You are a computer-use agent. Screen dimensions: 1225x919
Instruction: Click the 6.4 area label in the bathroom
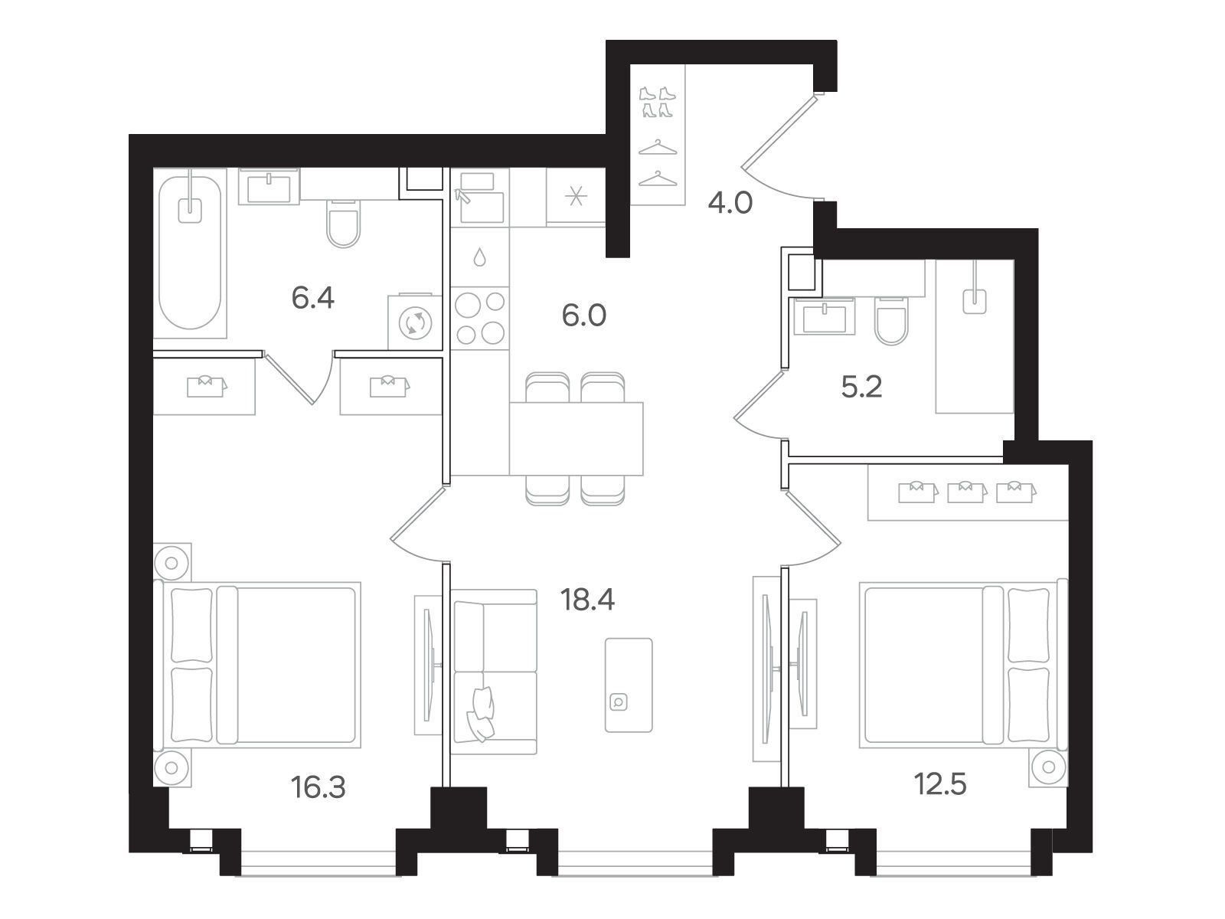[x=312, y=298]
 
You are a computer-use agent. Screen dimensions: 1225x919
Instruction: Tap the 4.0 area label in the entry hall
[x=730, y=203]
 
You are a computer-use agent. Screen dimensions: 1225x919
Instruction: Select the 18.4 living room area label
[x=588, y=600]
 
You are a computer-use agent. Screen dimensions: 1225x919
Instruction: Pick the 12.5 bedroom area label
[x=940, y=784]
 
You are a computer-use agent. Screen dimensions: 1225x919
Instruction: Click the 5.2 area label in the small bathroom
[x=861, y=388]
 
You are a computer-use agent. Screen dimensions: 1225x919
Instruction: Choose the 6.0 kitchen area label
[x=583, y=316]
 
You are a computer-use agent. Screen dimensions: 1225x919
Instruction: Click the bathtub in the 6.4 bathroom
[x=191, y=253]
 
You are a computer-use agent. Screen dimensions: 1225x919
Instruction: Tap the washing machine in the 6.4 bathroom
[x=415, y=322]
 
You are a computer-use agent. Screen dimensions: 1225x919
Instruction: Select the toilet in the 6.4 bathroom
[x=343, y=223]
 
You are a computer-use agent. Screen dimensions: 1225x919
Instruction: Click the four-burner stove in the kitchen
[x=479, y=318]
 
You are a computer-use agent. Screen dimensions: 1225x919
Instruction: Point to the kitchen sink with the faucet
[x=479, y=198]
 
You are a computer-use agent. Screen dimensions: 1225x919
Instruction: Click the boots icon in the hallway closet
[x=658, y=102]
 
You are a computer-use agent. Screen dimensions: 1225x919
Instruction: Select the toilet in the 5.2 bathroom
[x=891, y=322]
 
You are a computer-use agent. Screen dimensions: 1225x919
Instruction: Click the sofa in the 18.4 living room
[x=495, y=672]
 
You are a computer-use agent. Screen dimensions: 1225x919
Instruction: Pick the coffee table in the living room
[x=629, y=685]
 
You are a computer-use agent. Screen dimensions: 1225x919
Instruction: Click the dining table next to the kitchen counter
[x=576, y=439]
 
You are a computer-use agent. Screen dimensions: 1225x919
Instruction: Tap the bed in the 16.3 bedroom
[x=257, y=665]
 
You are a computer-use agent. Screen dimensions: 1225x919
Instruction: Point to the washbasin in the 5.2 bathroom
[x=825, y=316]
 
